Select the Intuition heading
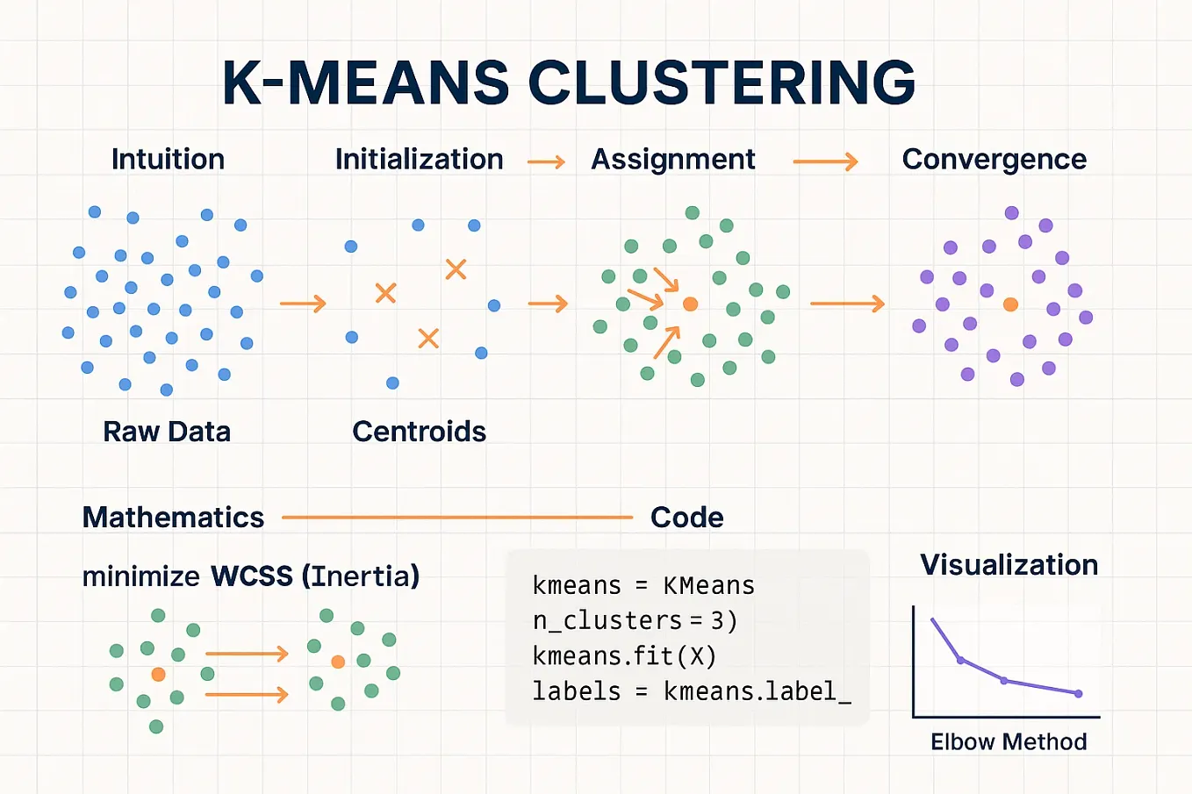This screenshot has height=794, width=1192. pos(168,159)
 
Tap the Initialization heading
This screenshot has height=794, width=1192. pos(419,159)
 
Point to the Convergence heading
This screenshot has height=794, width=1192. pos(994,159)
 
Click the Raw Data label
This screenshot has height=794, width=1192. pos(167,432)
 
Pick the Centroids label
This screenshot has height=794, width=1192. pos(419,432)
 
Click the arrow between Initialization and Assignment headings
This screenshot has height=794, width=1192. pos(546,161)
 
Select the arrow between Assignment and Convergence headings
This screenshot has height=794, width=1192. pos(825,161)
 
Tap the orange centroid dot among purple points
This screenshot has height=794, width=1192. pos(1010,304)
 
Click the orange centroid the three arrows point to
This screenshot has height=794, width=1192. pos(690,304)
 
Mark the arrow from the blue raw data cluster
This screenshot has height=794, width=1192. pos(303,304)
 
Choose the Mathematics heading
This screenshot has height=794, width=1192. pos(173,518)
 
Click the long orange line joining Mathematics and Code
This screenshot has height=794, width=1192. pos(456,518)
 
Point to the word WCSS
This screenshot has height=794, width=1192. pos(251,576)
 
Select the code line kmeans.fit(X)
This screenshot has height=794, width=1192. pos(624,656)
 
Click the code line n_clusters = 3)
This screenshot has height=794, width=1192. pos(635,621)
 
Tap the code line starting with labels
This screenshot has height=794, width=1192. pos(691,691)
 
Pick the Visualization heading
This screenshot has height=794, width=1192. pos(1009,564)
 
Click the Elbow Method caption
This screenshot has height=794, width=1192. pos(1009,741)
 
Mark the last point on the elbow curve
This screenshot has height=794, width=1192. pos(1079,693)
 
